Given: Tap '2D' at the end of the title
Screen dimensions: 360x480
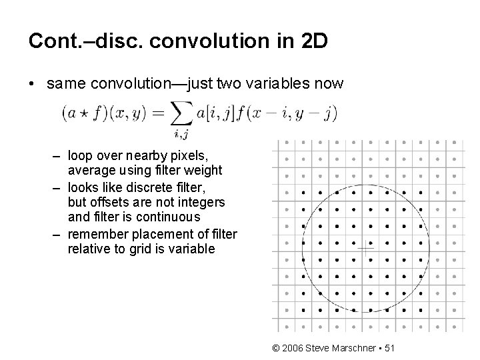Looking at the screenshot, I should tap(313, 41).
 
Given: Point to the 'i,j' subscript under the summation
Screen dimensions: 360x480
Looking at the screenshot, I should tap(180, 135).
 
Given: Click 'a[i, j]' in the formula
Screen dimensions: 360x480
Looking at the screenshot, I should tap(214, 114).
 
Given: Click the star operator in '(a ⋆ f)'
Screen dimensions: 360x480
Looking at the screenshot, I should tap(78, 114).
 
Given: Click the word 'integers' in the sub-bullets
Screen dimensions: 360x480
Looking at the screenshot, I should tap(204, 201).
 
